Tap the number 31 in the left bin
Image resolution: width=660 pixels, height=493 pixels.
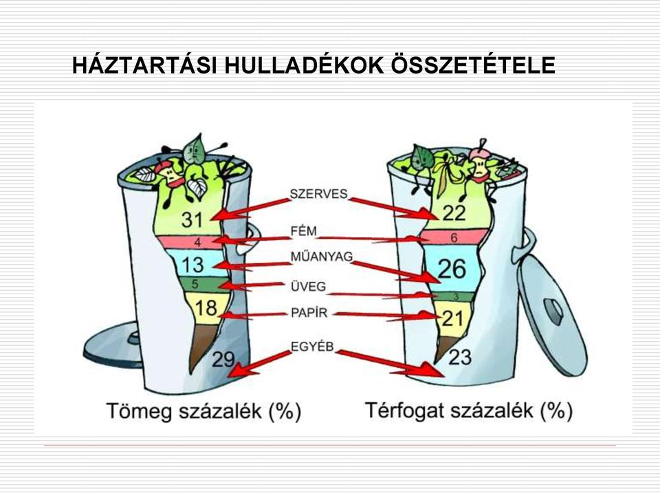pos(192,219)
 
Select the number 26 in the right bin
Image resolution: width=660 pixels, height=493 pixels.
pos(452,268)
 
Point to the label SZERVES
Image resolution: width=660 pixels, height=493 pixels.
pos(318,194)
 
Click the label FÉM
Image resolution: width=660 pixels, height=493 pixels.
pos(303,231)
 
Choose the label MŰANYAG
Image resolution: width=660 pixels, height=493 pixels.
pos(322,256)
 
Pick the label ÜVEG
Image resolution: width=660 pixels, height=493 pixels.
pos(308,287)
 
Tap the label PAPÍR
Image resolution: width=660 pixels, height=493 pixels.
pos(309,313)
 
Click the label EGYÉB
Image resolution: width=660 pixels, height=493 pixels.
pos(312,346)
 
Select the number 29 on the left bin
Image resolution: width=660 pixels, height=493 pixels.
pos(223,359)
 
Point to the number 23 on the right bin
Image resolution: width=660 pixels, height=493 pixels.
pos(460,358)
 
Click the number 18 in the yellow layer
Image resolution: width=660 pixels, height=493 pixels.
pos(206,308)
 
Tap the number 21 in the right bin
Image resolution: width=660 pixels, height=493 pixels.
pos(452,318)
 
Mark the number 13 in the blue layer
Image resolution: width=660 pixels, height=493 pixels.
pos(192,265)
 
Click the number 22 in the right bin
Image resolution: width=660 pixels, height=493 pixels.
pos(454,213)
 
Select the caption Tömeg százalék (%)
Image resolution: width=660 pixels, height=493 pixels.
pos(203,410)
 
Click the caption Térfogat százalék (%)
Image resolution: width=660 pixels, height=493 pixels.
pos(468,410)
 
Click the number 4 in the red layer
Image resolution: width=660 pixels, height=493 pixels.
pos(197,242)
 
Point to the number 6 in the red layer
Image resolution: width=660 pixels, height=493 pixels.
pos(454,238)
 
